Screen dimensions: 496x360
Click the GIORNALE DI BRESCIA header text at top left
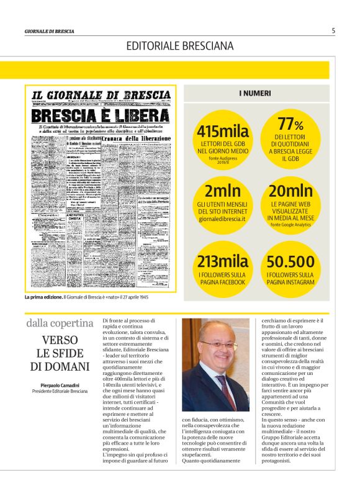[50, 31]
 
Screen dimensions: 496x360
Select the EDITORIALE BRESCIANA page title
[180, 46]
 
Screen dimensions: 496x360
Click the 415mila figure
[223, 132]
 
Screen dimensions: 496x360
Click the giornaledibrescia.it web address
[222, 219]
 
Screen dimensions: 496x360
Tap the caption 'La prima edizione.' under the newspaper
[43, 297]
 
